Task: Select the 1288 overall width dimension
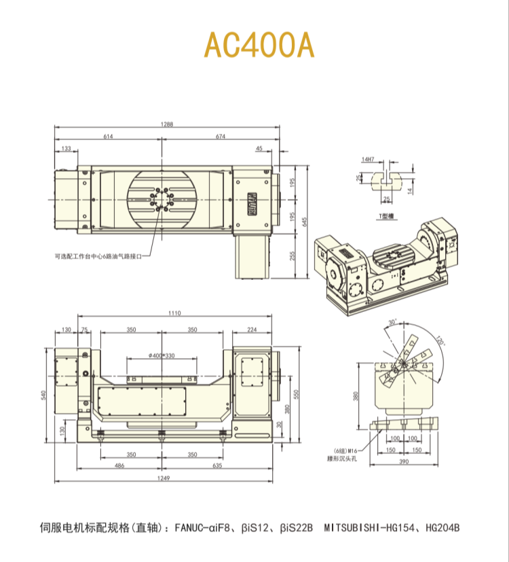[167, 124]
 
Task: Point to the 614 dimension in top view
[109, 137]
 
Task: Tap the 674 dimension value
[221, 137]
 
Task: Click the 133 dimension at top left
[66, 148]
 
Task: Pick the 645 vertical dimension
[305, 222]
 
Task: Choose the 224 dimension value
[252, 330]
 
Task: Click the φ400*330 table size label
[162, 355]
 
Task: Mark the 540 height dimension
[45, 395]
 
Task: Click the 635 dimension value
[218, 467]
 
